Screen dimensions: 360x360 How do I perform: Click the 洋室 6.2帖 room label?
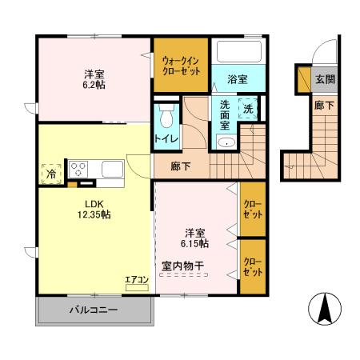93,78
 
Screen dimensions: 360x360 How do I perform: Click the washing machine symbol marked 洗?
248,109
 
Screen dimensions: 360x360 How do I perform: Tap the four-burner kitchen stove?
80,169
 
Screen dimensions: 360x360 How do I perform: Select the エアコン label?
137,280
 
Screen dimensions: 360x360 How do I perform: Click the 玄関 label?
324,79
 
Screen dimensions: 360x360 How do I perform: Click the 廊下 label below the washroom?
181,166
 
